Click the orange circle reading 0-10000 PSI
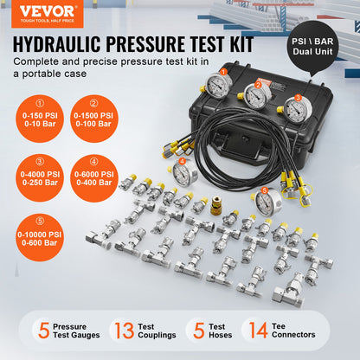click(36, 231)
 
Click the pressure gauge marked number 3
click(296, 109)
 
